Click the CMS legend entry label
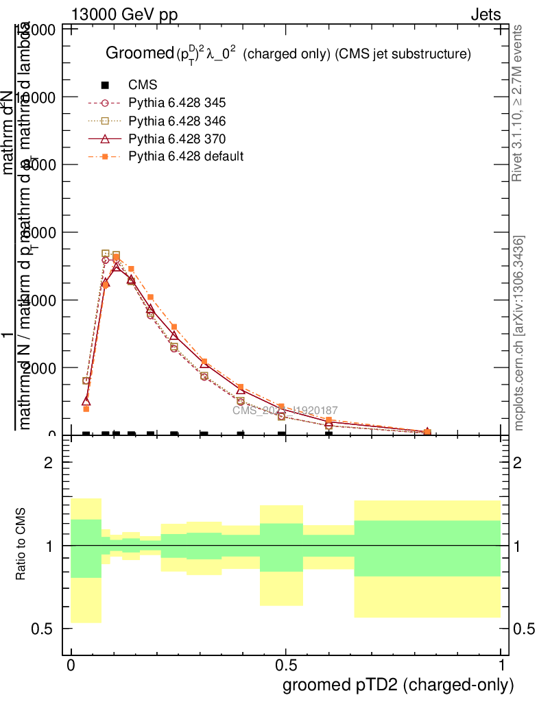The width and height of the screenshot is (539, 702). click(x=143, y=85)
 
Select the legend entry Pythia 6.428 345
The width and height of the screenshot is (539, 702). click(x=177, y=103)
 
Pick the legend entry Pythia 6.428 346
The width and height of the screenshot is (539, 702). click(x=177, y=121)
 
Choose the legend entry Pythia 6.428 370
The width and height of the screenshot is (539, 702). click(x=177, y=138)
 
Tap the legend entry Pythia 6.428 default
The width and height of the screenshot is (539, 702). click(x=186, y=156)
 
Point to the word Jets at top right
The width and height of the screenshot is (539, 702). click(x=485, y=15)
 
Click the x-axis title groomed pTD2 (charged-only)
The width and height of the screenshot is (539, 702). click(x=398, y=684)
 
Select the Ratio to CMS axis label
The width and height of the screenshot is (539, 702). click(x=21, y=545)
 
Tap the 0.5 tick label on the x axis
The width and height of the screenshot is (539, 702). click(x=286, y=666)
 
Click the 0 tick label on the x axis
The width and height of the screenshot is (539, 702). click(x=71, y=666)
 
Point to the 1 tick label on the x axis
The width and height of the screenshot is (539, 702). click(x=501, y=666)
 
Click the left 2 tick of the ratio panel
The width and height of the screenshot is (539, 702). click(x=48, y=463)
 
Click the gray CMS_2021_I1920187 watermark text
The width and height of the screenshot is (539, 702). click(x=285, y=411)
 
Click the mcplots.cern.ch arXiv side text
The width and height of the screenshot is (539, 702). click(x=519, y=332)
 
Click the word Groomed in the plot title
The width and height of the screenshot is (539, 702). click(x=137, y=53)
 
